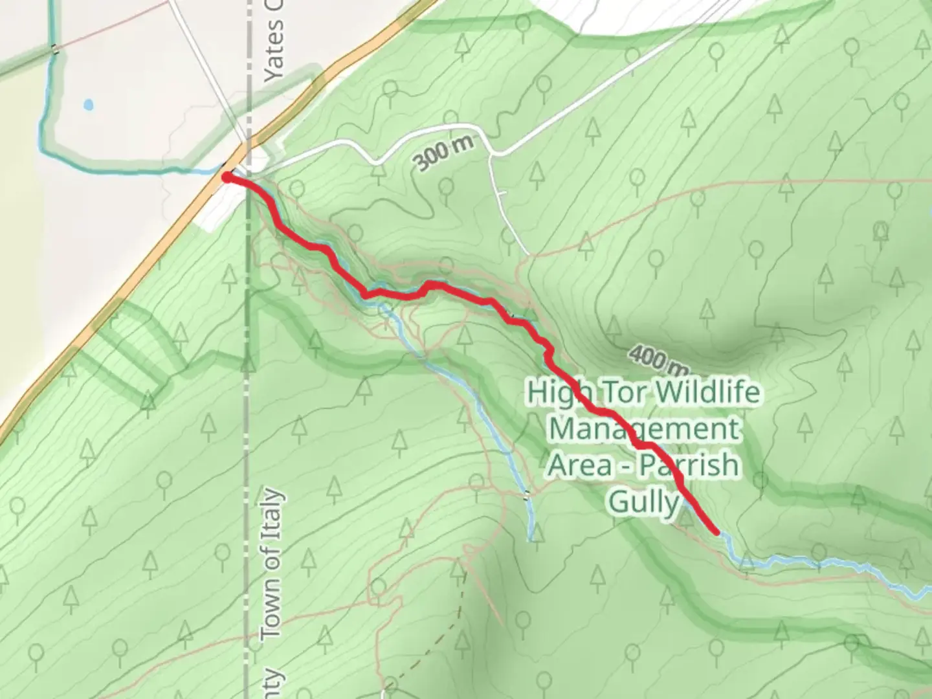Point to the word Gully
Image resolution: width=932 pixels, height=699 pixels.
(x=644, y=502)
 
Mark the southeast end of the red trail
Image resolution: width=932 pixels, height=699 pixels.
(x=716, y=532)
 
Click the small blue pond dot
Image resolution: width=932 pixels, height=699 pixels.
(x=88, y=104)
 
